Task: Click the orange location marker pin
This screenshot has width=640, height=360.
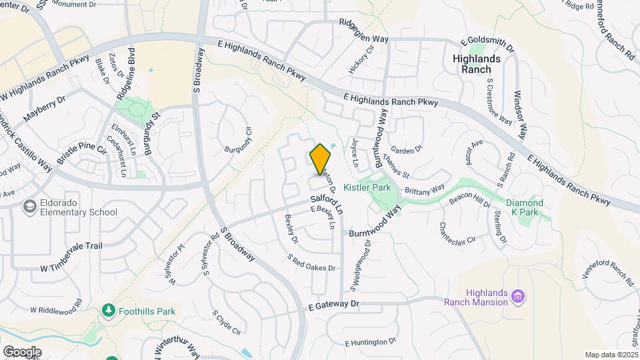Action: (321, 159)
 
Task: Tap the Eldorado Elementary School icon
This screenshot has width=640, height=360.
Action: (30, 207)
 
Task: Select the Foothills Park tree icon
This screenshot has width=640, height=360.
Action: (107, 311)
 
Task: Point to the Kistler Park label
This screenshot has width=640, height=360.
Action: (367, 188)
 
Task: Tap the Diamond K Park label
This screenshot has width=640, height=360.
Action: (524, 207)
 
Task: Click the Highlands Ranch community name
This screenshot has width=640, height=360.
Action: (476, 64)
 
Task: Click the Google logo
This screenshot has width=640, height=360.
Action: (22, 351)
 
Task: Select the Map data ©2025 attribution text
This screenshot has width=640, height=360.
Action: (611, 355)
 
